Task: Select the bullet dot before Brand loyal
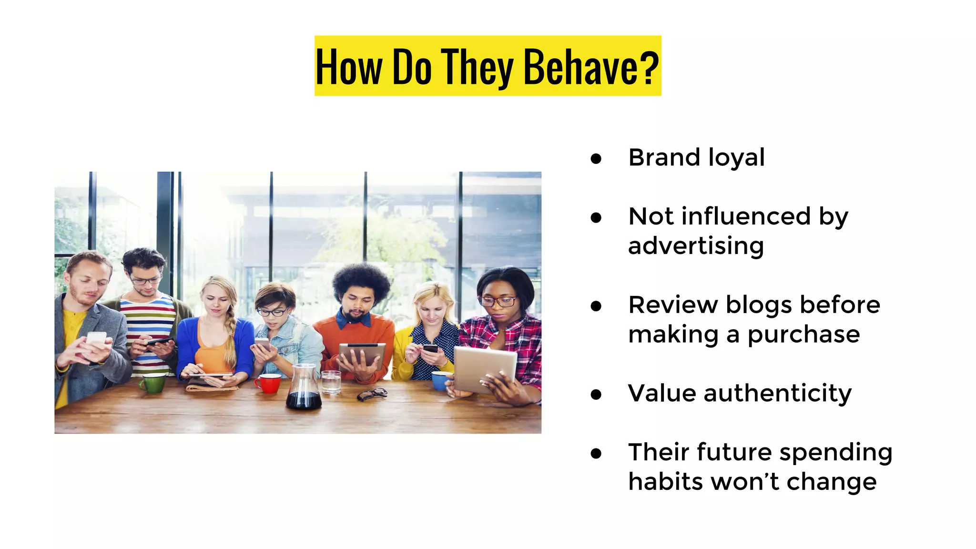[x=596, y=159]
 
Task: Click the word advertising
[x=696, y=246]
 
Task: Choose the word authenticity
[x=777, y=394]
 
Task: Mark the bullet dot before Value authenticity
[x=596, y=395]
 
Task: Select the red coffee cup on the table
[x=269, y=383]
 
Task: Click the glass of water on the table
[x=331, y=382]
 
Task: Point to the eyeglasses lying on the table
[x=372, y=394]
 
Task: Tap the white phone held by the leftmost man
[x=96, y=339]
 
